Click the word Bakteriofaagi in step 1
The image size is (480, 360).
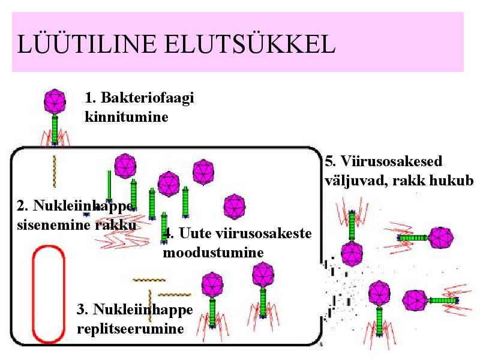coord(147,98)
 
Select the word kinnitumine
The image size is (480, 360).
coord(127,116)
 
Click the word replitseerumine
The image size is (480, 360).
coord(130,329)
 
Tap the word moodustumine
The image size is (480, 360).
coord(213,253)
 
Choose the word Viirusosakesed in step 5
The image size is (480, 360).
coord(392,161)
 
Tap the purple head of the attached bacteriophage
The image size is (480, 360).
coord(55,101)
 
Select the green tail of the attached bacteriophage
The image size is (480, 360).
coord(55,128)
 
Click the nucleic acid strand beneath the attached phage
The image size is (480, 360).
coord(55,171)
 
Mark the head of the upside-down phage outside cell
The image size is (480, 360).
coord(352,254)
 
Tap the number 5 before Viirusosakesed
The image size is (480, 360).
coord(329,161)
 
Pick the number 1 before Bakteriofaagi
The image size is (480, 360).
coord(89,98)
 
